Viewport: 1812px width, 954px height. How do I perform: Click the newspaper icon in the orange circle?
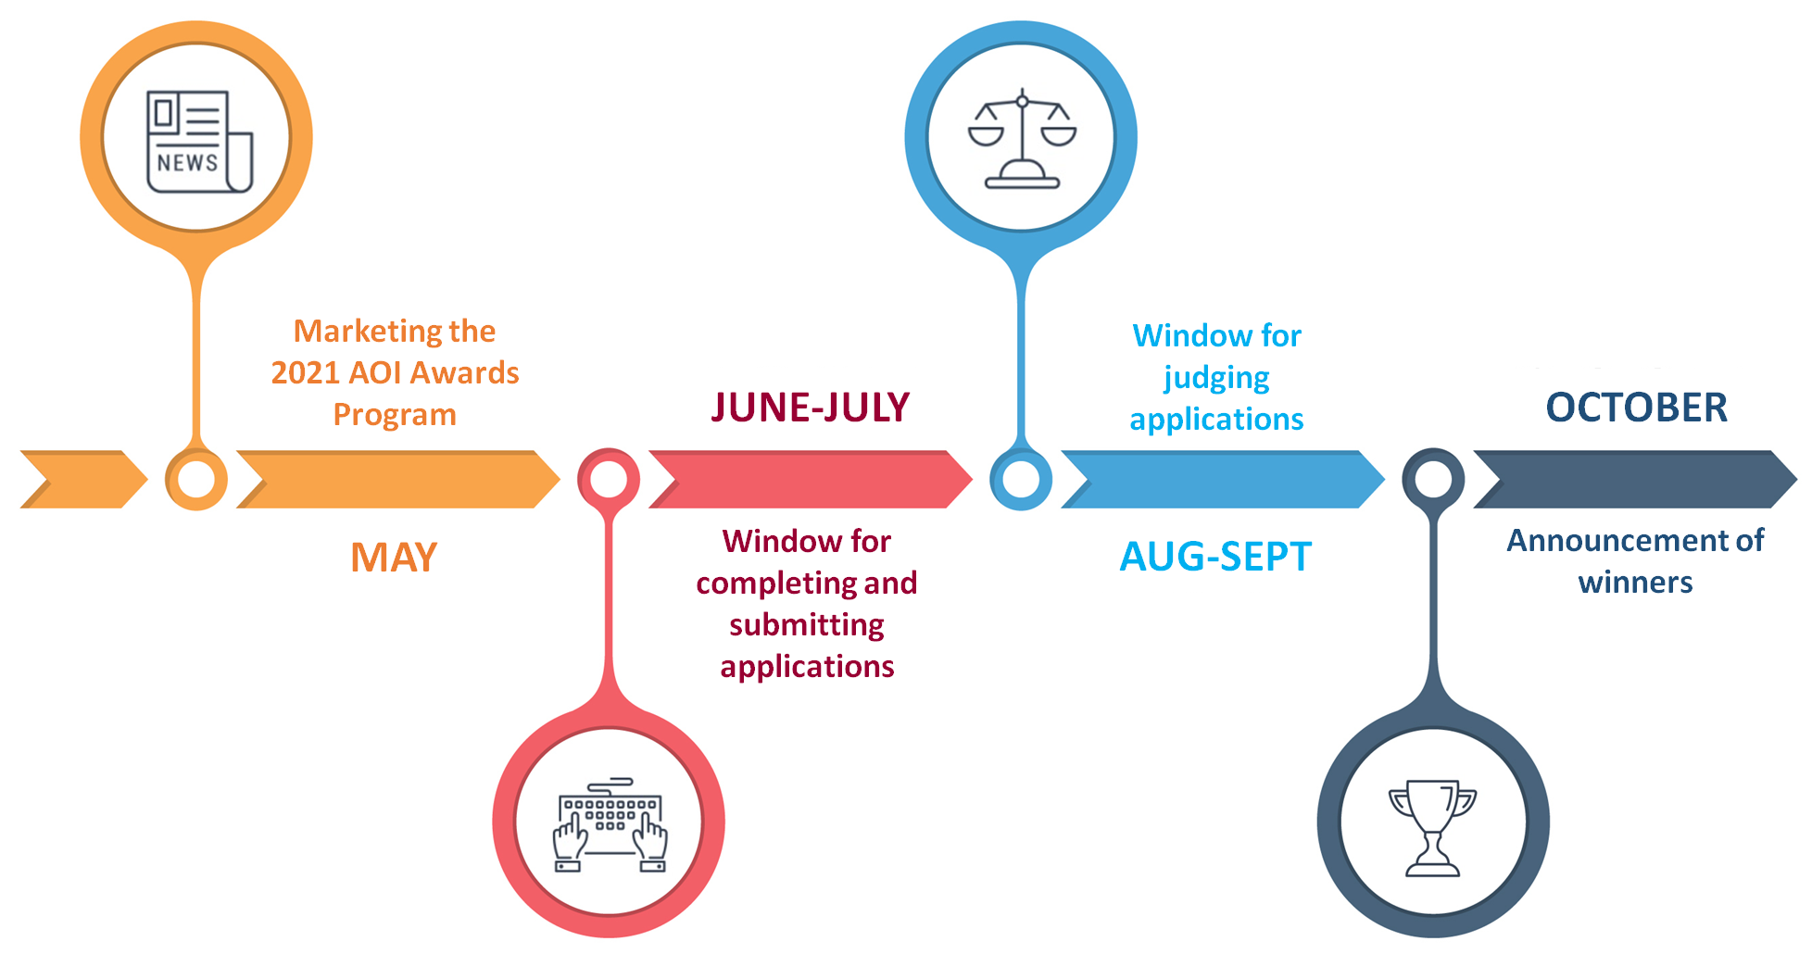[199, 141]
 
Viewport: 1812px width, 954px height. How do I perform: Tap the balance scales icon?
[1022, 138]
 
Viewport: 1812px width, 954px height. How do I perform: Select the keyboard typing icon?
[610, 824]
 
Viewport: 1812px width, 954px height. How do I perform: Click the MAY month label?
[394, 558]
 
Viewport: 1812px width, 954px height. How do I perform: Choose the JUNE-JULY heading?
[811, 408]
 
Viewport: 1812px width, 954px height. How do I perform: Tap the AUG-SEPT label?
[1215, 557]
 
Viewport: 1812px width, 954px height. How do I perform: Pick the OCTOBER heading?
[1637, 408]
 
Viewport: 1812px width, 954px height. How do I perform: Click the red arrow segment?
[811, 479]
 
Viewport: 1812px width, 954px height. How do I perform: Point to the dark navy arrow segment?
[1635, 479]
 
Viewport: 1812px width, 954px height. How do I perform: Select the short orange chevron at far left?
[83, 479]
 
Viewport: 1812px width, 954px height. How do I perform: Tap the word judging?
[1216, 379]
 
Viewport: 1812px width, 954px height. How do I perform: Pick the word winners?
[1635, 583]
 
